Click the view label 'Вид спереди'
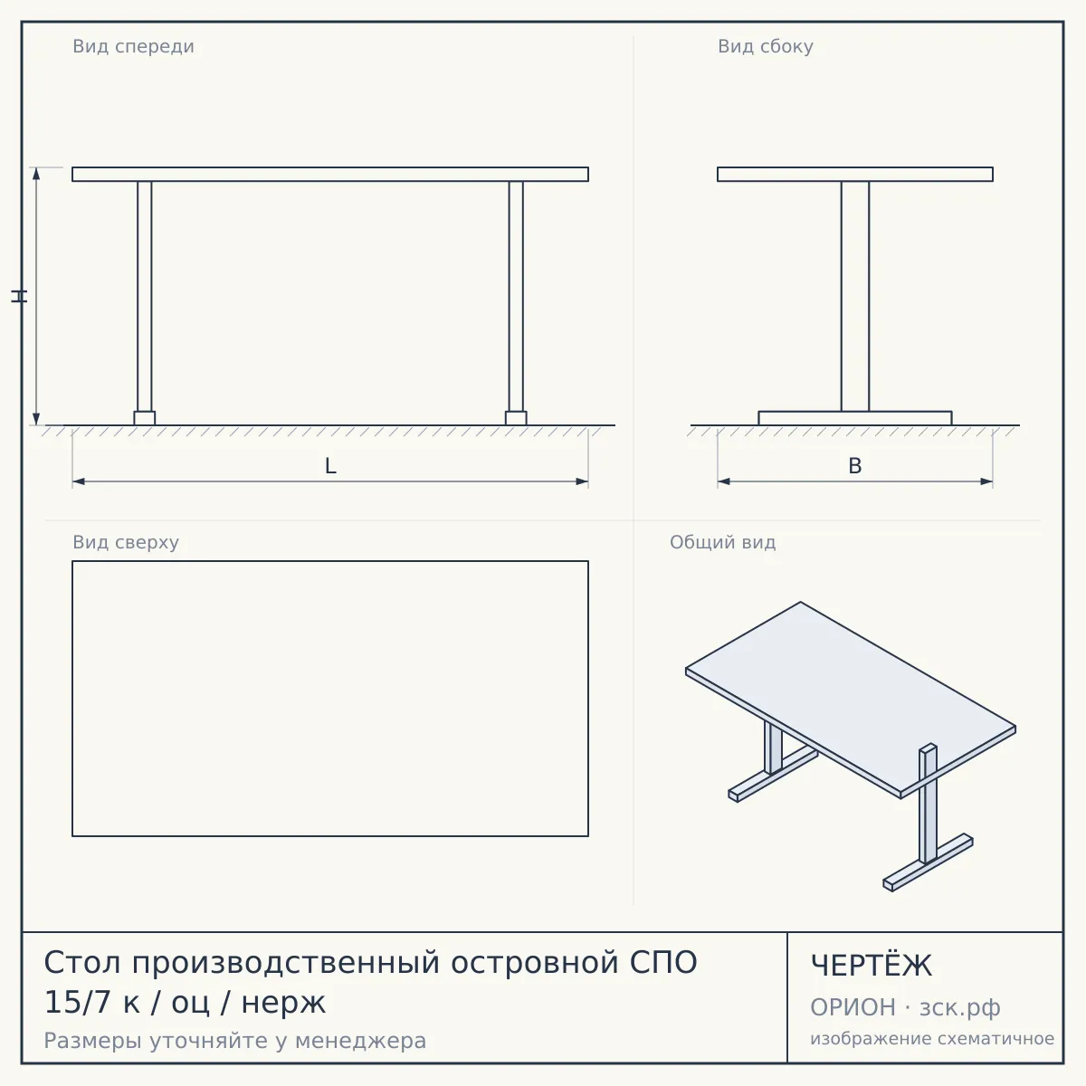pyautogui.click(x=134, y=47)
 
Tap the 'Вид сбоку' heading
pyautogui.click(x=766, y=47)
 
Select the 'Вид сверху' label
pyautogui.click(x=126, y=542)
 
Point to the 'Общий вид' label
pyautogui.click(x=722, y=542)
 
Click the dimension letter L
pyautogui.click(x=330, y=466)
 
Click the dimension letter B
pyautogui.click(x=855, y=466)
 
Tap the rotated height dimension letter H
pyautogui.click(x=19, y=297)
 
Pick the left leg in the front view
pyautogui.click(x=144, y=297)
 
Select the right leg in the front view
pyautogui.click(x=516, y=297)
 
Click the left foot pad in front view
pyautogui.click(x=144, y=418)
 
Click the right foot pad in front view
pyautogui.click(x=516, y=418)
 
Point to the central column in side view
pyautogui.click(x=855, y=297)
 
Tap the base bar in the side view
pyautogui.click(x=855, y=418)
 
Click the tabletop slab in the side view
pyautogui.click(x=855, y=174)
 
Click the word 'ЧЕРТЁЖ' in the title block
pyautogui.click(x=872, y=966)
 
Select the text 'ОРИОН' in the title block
pyautogui.click(x=853, y=1007)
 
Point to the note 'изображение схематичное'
pyautogui.click(x=932, y=1039)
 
